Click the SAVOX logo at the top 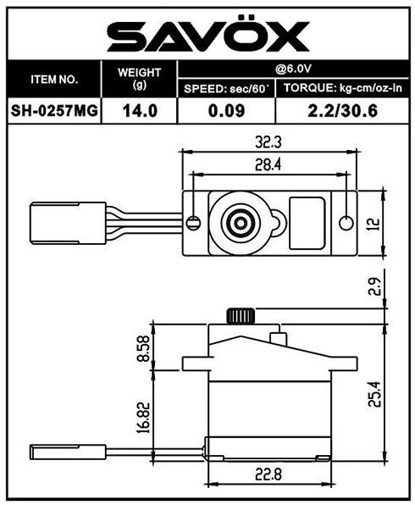pos(208,36)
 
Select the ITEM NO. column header pos(54,80)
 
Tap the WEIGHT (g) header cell pos(139,79)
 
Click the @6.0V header pos(293,69)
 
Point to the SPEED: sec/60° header pos(226,89)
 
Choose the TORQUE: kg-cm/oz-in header pos(343,88)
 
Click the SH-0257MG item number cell pos(54,111)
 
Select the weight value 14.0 pos(140,111)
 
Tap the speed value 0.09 pos(226,111)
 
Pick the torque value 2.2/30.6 pos(342,111)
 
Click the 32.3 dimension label pos(268,142)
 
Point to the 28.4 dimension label pos(268,164)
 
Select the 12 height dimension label pos(373,224)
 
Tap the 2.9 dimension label pos(374,286)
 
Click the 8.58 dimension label pos(144,348)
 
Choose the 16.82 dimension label pos(144,417)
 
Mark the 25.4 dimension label pos(374,395)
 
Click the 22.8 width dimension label pos(268,474)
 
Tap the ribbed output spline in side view pos(241,315)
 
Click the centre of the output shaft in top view pos(241,223)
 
